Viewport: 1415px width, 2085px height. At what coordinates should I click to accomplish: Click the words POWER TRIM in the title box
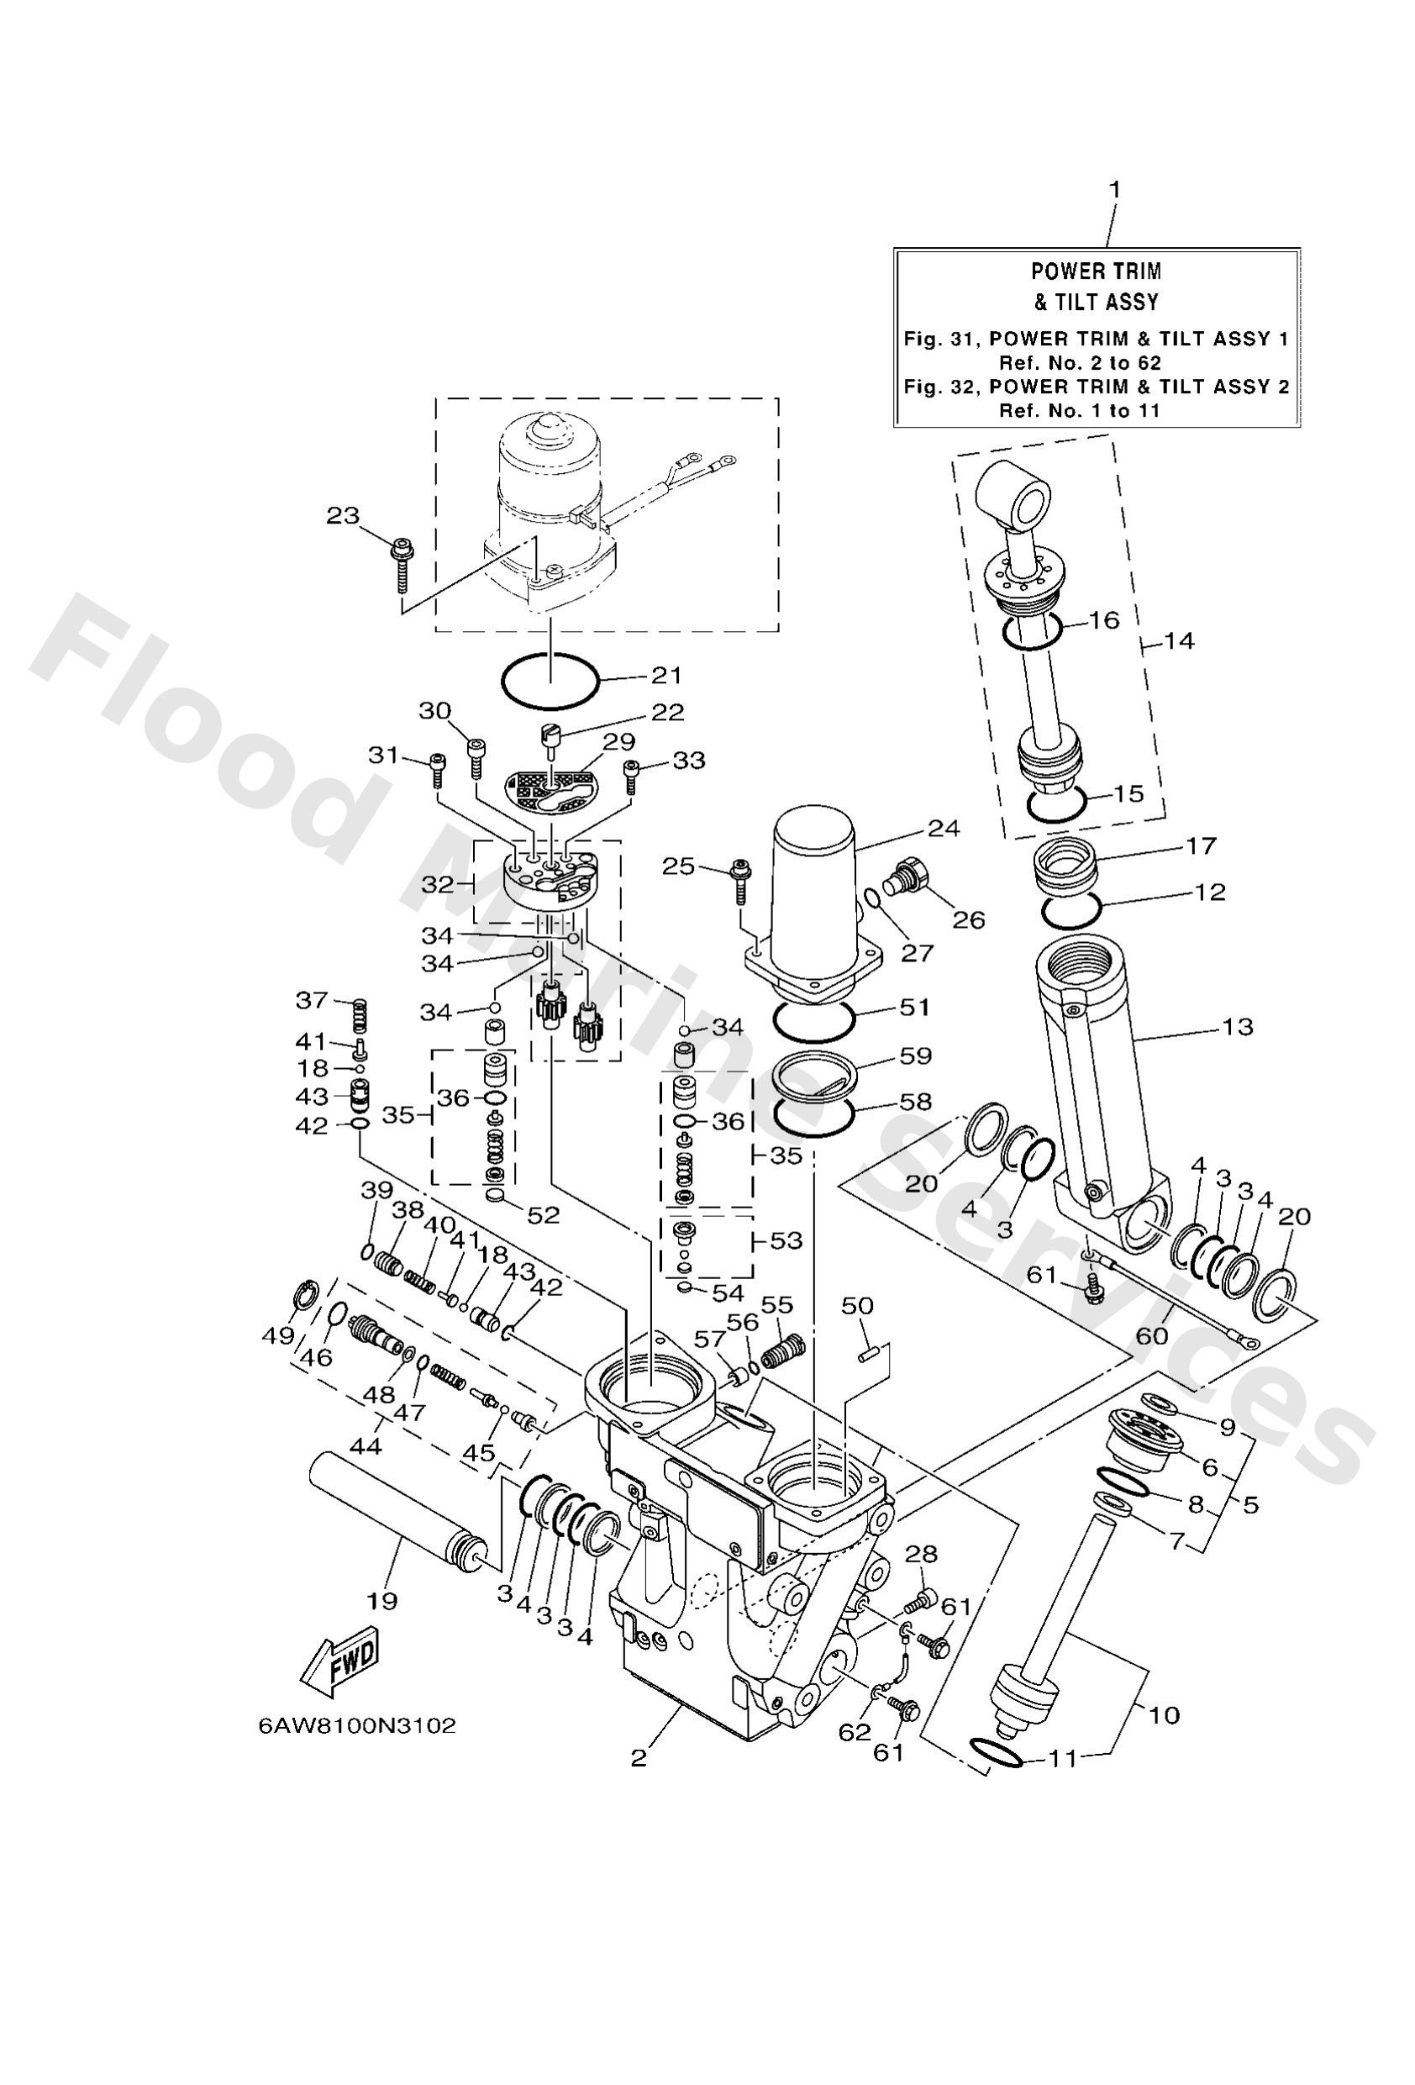click(x=1095, y=271)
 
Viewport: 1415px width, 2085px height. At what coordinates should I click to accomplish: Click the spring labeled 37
click(x=357, y=1014)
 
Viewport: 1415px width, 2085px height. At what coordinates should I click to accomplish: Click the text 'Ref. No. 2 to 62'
click(x=1080, y=362)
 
